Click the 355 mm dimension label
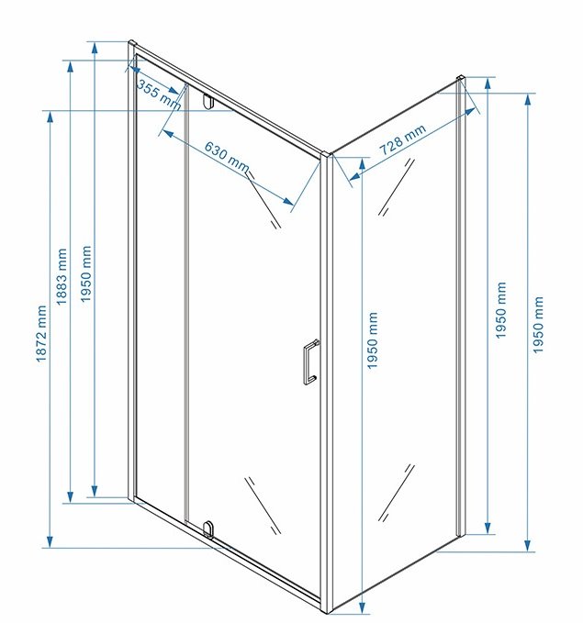(159, 95)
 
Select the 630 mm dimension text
(227, 157)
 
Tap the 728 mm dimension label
(402, 139)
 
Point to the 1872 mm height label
(41, 334)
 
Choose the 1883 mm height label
(62, 276)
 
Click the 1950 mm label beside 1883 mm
(86, 273)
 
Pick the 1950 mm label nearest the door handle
(372, 340)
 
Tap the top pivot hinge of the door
(208, 101)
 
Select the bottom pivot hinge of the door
(208, 529)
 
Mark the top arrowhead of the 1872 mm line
(50, 117)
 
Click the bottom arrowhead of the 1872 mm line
(50, 542)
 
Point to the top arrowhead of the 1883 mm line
(71, 66)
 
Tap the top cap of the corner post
(326, 155)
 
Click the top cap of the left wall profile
(132, 42)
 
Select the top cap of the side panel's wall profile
(461, 78)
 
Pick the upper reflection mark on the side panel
(396, 187)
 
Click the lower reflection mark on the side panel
(396, 493)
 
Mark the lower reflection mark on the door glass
(263, 506)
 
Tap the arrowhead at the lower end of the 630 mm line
(288, 202)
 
